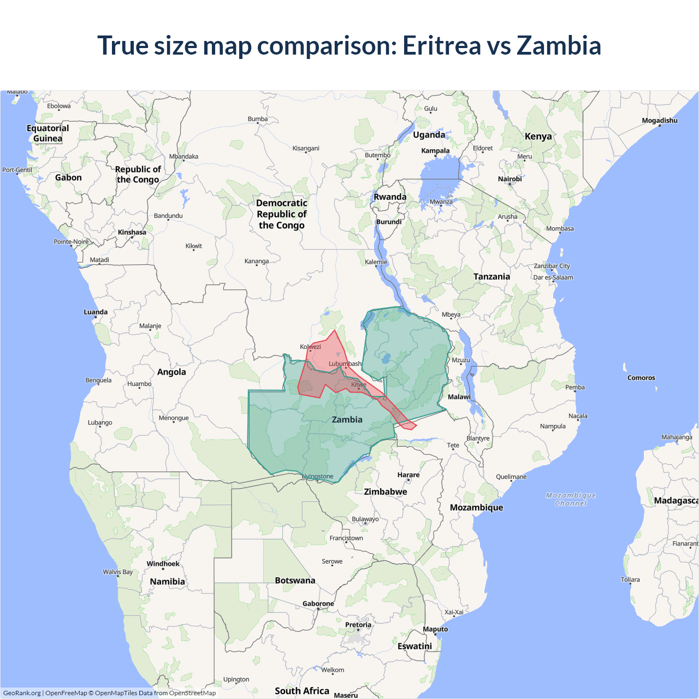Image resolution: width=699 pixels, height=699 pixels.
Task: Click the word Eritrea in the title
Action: click(x=441, y=46)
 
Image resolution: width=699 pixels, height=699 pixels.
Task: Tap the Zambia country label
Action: click(x=347, y=419)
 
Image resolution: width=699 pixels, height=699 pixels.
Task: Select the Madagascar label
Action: click(x=676, y=501)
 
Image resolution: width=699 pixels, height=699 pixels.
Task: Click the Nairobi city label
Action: click(x=510, y=179)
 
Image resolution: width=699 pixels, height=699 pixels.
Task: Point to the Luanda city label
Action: click(x=96, y=312)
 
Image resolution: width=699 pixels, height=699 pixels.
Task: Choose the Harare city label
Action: click(x=408, y=475)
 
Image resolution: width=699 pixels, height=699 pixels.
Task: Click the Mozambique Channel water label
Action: click(x=571, y=499)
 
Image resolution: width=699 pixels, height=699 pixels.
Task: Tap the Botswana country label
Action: click(x=295, y=580)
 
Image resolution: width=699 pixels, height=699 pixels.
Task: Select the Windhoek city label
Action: click(x=163, y=564)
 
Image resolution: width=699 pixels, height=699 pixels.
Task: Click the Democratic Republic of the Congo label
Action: click(x=282, y=214)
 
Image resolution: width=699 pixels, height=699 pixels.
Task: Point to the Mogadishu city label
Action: click(x=660, y=121)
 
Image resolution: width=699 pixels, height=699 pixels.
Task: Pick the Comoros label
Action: click(x=641, y=378)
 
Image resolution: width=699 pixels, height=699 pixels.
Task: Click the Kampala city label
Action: click(x=435, y=151)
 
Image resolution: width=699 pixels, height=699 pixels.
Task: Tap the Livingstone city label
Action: click(x=317, y=476)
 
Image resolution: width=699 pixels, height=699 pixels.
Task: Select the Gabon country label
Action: click(x=68, y=177)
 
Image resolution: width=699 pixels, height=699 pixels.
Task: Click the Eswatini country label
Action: click(x=414, y=646)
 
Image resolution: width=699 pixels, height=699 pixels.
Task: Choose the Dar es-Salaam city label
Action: click(x=553, y=277)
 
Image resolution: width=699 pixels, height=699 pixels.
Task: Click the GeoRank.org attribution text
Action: click(x=22, y=693)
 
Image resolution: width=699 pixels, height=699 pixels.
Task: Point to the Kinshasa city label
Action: click(x=132, y=232)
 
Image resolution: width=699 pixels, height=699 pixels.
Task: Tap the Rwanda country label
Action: click(x=390, y=197)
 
